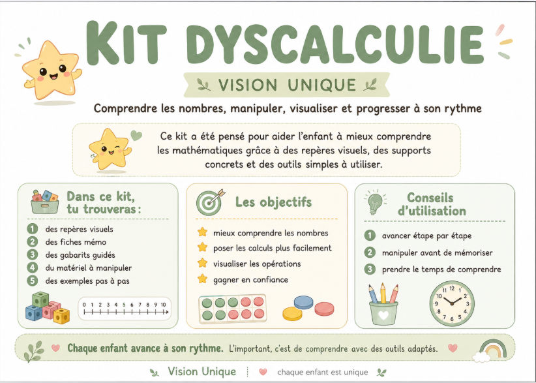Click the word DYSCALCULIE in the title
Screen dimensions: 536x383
(x=335, y=43)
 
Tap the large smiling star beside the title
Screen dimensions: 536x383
(x=52, y=70)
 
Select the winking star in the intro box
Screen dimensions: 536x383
(x=110, y=149)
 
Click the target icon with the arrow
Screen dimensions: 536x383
(x=210, y=202)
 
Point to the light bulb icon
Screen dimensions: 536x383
(x=376, y=202)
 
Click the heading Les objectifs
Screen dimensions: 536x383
(x=273, y=202)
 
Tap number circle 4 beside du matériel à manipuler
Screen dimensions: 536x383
(x=32, y=268)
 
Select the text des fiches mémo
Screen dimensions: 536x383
(x=76, y=242)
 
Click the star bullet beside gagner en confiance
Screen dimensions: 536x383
(x=202, y=279)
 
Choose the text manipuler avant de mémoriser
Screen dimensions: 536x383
(x=437, y=253)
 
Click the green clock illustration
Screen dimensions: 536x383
(x=452, y=303)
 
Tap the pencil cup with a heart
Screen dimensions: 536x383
(x=383, y=304)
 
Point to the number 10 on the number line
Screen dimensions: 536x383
(x=163, y=305)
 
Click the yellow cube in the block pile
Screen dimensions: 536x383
(x=61, y=316)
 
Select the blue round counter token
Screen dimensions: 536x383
(x=304, y=303)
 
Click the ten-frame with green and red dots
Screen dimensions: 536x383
(x=232, y=309)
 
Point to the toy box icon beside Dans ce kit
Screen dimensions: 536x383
(x=45, y=202)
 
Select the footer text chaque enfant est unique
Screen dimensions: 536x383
(x=323, y=372)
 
